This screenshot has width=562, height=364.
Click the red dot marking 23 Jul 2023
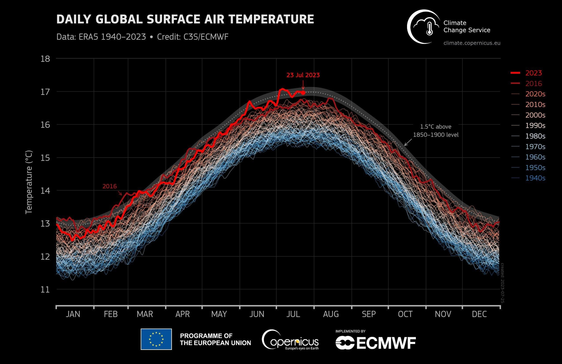tap(303, 93)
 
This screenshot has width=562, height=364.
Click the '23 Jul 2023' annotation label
tap(303, 75)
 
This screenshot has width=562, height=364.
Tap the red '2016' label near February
tap(109, 186)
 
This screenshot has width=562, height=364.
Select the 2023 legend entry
tap(533, 73)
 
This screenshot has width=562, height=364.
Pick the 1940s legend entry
tap(535, 178)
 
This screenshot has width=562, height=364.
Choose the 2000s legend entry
tap(535, 115)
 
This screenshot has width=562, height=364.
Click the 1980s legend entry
tap(535, 136)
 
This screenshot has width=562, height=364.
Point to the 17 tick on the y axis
tap(45, 92)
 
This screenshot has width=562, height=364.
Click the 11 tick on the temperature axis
tap(45, 289)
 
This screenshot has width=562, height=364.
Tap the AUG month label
tap(331, 314)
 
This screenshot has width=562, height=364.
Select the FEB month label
tap(111, 314)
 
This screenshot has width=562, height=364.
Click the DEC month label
tap(479, 314)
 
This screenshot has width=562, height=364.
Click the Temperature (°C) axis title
tap(29, 182)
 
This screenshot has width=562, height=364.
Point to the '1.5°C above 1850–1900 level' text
tap(436, 130)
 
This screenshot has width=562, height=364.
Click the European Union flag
tap(156, 339)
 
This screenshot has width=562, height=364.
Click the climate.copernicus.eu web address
tap(472, 43)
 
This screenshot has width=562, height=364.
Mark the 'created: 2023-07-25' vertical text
tap(502, 283)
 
